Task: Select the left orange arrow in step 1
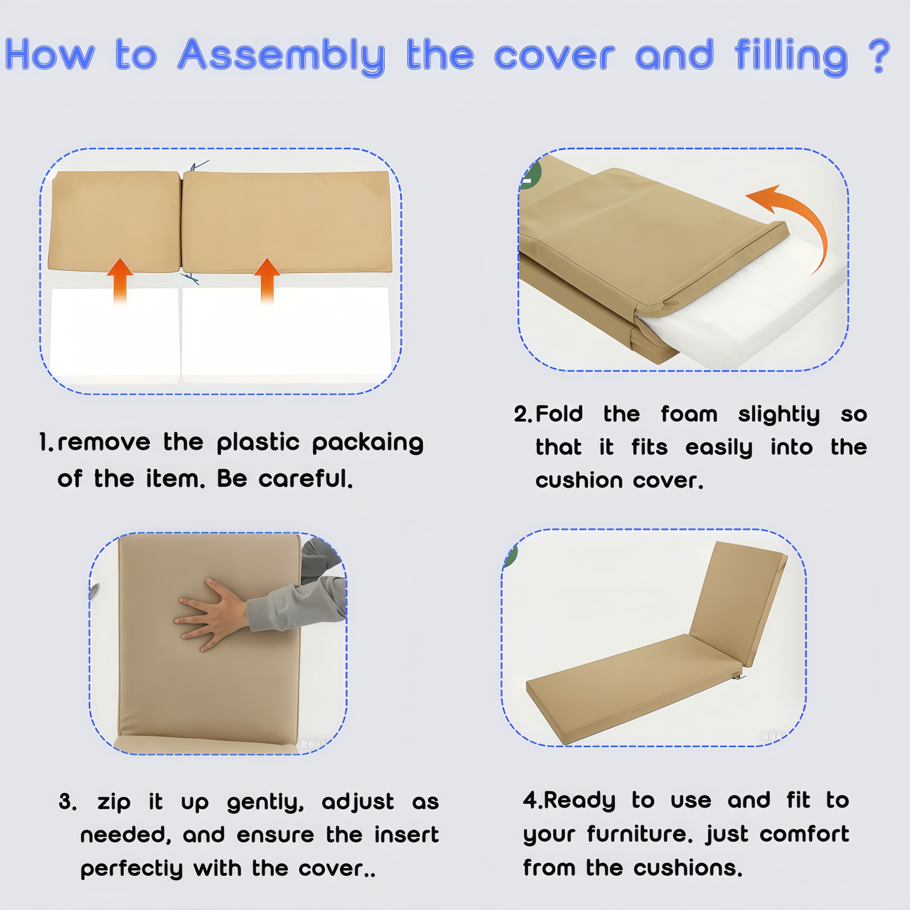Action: tap(120, 282)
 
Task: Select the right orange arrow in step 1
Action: tap(267, 282)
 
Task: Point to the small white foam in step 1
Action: tap(115, 333)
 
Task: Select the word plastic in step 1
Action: tap(258, 443)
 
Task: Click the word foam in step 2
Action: tap(689, 413)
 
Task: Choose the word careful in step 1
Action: tap(305, 478)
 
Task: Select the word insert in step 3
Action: tap(406, 835)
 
